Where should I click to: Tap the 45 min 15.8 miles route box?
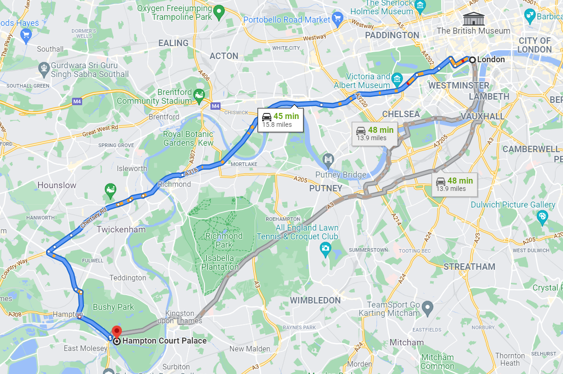tap(281, 120)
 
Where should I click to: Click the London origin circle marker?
tap(472, 59)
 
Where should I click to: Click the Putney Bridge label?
tap(341, 175)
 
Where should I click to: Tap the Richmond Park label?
tap(224, 240)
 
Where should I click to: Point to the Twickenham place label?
tap(121, 229)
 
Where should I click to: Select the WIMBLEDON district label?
tap(315, 300)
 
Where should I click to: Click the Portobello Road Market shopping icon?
tap(338, 19)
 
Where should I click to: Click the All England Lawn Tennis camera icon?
tap(326, 249)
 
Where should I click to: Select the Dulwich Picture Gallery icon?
tap(542, 215)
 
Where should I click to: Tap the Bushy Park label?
tap(113, 307)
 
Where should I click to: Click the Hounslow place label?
tap(57, 185)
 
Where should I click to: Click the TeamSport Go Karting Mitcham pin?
tap(428, 307)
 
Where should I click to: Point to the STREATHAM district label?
tap(469, 267)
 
